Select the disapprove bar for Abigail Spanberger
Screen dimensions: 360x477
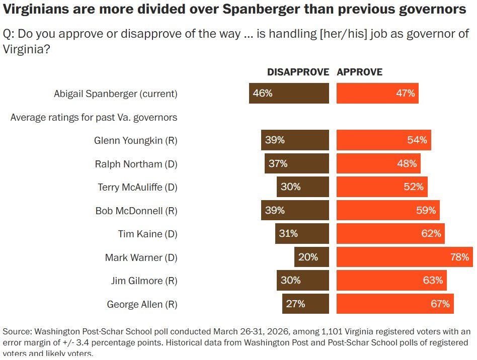[289, 94]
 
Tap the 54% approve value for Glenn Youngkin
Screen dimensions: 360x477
[417, 140]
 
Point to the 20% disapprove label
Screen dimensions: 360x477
[308, 257]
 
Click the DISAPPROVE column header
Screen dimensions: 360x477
[298, 72]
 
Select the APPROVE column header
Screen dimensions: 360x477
[360, 72]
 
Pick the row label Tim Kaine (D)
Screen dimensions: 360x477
[147, 234]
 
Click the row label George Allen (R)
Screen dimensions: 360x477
[142, 304]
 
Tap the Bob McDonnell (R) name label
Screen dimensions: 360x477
[136, 211]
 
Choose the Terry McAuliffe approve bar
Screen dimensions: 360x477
[382, 187]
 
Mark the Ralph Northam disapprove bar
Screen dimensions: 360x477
[297, 163]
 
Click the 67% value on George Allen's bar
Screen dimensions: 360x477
[440, 304]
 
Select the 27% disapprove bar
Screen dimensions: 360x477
[305, 304]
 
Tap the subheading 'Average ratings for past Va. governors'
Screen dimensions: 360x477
[94, 118]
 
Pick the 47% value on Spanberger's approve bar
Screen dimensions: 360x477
[405, 94]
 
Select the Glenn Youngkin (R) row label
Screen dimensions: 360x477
[135, 140]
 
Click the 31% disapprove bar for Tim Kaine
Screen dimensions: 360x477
[302, 234]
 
